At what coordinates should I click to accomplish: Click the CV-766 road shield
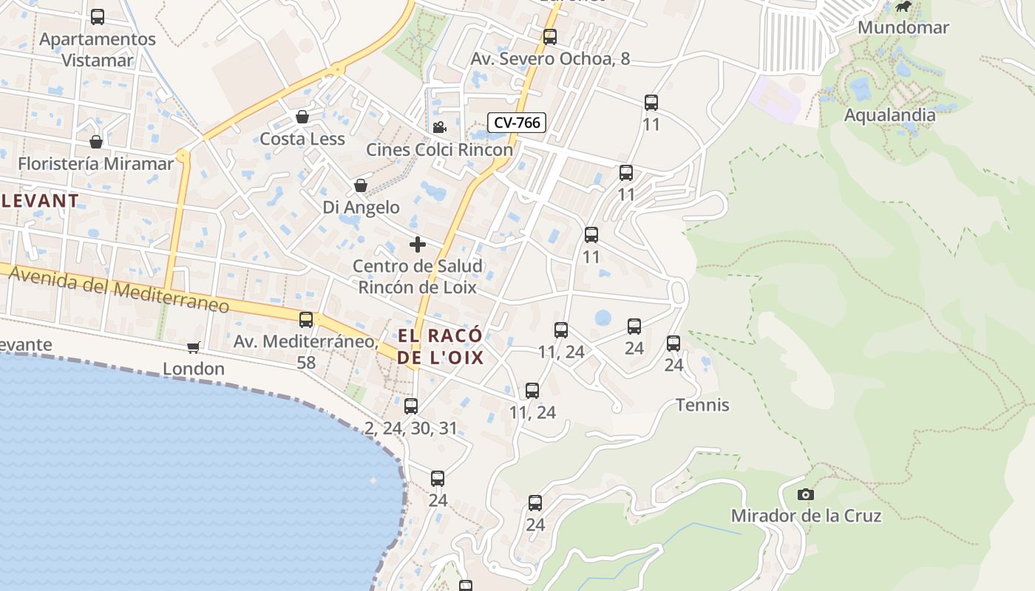point(517,123)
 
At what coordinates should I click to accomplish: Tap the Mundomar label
point(903,28)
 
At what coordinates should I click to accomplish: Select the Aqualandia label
point(889,115)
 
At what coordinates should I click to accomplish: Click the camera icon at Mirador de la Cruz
point(806,494)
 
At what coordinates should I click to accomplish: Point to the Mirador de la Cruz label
point(806,516)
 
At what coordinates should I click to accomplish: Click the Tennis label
point(702,405)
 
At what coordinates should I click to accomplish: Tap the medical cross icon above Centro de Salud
point(418,245)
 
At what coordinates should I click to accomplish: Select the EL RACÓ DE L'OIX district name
point(441,347)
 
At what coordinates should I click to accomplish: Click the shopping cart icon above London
point(194,347)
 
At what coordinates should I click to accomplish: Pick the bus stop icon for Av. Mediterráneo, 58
point(306,320)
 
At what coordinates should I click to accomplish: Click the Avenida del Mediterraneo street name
point(118,290)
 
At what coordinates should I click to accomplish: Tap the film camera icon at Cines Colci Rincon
point(439,127)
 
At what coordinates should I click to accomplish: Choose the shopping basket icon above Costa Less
point(302,117)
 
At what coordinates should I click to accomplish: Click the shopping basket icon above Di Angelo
point(361,185)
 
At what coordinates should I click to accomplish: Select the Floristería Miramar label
point(95,163)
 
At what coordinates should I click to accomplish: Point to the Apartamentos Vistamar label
point(98,49)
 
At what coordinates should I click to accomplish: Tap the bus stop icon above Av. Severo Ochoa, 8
point(549,36)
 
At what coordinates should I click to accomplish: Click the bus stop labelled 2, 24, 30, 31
point(411,406)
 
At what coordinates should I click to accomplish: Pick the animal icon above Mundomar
point(903,7)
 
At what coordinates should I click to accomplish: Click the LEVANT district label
point(40,200)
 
